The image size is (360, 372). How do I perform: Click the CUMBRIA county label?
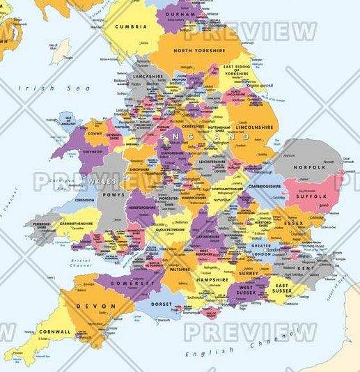point(131,26)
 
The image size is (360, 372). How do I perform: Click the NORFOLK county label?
point(309,168)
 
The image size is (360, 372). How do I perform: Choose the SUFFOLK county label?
point(311,197)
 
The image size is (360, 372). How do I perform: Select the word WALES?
point(102,181)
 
